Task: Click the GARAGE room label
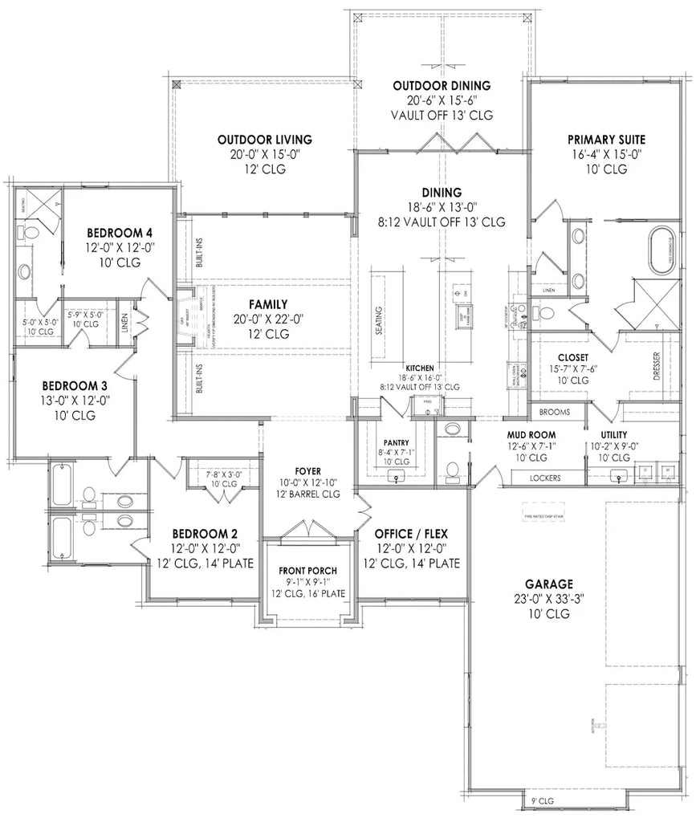click(549, 584)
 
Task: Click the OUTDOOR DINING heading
click(442, 86)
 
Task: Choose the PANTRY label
click(396, 442)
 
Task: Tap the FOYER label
click(309, 472)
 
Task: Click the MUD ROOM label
click(531, 434)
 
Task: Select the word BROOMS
click(556, 412)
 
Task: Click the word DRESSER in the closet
click(656, 365)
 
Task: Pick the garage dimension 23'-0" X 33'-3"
click(549, 599)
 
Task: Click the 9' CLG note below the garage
click(543, 802)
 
